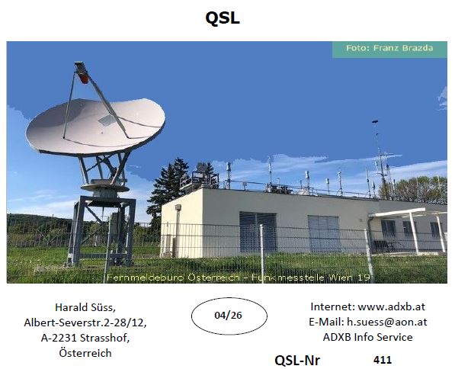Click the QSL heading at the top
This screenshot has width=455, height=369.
pyautogui.click(x=223, y=18)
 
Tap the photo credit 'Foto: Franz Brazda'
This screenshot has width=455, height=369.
pyautogui.click(x=389, y=48)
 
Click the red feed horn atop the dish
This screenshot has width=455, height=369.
pyautogui.click(x=84, y=78)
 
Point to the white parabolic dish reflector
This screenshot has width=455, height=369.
pyautogui.click(x=95, y=126)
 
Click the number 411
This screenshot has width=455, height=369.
pyautogui.click(x=383, y=360)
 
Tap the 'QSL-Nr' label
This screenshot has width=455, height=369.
pyautogui.click(x=296, y=361)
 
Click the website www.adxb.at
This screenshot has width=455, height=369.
pyautogui.click(x=392, y=306)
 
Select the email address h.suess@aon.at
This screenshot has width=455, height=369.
pyautogui.click(x=387, y=322)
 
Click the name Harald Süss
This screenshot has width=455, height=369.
pyautogui.click(x=85, y=307)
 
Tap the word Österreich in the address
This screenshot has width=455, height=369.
pyautogui.click(x=85, y=353)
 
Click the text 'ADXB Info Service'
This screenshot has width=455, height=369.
pyautogui.click(x=367, y=337)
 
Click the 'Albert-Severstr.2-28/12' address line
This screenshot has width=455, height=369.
pyautogui.click(x=85, y=322)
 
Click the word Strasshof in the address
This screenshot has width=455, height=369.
pyautogui.click(x=104, y=338)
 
